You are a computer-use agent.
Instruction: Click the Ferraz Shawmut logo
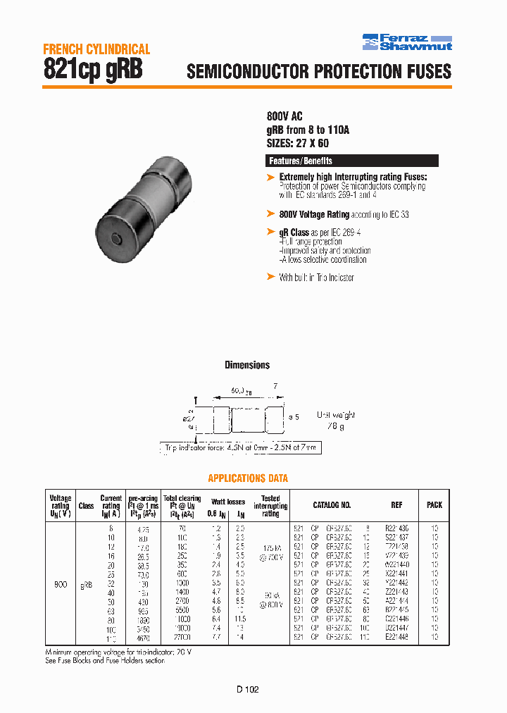(407, 42)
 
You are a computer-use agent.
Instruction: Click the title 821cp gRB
(94, 69)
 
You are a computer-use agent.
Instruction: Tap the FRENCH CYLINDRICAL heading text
(96, 49)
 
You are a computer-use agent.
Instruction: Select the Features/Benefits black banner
(352, 161)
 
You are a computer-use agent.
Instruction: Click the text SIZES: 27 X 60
(298, 143)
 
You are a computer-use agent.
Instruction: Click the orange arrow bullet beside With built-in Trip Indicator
(271, 277)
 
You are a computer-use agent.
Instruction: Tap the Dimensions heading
(247, 365)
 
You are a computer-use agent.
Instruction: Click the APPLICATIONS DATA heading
(248, 478)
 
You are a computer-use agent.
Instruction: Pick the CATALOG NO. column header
(332, 505)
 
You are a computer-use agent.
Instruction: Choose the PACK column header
(434, 505)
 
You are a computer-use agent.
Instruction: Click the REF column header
(396, 505)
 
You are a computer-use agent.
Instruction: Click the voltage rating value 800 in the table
(61, 584)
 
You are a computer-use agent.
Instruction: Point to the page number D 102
(247, 690)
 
